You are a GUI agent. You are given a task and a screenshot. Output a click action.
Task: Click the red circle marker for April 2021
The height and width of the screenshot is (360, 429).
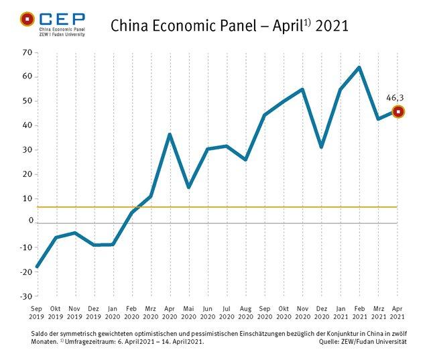click(x=398, y=112)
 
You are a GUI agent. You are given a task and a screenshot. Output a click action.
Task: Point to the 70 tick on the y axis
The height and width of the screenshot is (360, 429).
click(x=27, y=52)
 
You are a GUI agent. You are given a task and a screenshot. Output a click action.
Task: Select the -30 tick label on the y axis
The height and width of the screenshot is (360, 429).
click(x=25, y=296)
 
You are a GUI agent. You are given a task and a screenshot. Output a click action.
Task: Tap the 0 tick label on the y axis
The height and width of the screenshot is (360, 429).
click(x=30, y=221)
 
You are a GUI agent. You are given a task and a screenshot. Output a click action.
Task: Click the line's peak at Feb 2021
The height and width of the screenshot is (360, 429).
click(x=359, y=67)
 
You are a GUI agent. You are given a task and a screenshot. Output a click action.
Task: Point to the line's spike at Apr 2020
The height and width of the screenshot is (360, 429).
click(x=170, y=135)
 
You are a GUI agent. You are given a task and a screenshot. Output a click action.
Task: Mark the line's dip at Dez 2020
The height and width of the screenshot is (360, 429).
click(x=322, y=147)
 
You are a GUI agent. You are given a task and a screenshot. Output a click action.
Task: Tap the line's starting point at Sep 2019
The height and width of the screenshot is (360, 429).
click(x=37, y=267)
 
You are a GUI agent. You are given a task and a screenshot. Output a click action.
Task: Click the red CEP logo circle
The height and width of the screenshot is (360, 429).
click(x=27, y=19)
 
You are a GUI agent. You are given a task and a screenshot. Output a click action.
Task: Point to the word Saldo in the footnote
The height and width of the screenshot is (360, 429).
click(x=50, y=333)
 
